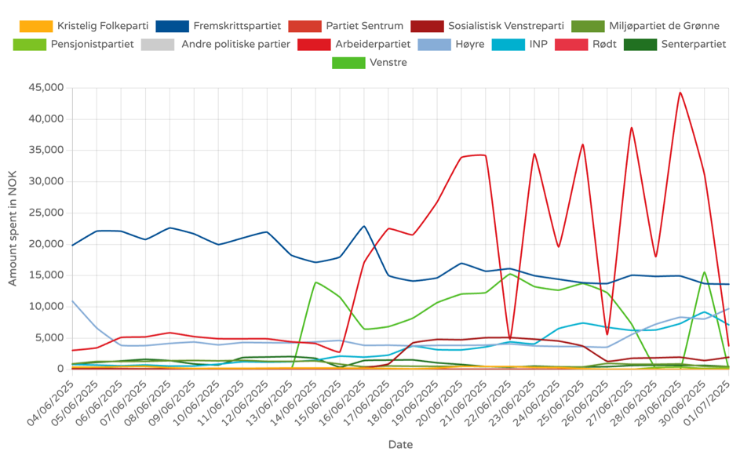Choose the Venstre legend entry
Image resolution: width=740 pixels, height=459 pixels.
(x=388, y=62)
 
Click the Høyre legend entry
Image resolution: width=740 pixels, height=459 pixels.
(x=469, y=44)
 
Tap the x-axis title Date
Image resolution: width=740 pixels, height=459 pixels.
(x=400, y=445)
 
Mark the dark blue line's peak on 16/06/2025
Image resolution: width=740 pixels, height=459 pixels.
(x=364, y=226)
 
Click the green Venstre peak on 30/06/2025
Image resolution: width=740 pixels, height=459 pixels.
(x=705, y=272)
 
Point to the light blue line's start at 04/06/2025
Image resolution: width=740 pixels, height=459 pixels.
(x=72, y=301)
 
